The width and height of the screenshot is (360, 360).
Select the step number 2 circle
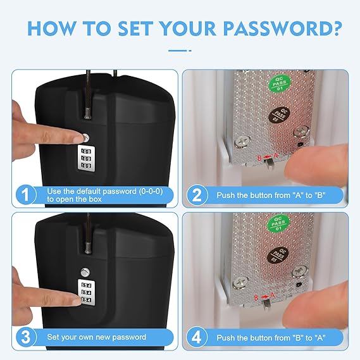coord(197,194)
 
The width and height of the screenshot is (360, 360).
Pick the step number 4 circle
coord(197,337)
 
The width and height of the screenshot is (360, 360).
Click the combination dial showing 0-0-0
coord(85,158)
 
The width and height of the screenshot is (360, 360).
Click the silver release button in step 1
coord(85,137)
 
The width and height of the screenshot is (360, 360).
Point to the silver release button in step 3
coord(85,273)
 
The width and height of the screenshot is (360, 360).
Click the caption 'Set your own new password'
coord(96,337)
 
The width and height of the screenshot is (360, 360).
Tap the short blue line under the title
coord(180,49)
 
